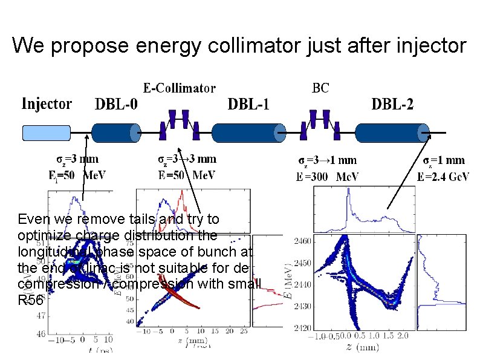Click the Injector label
coord(47,104)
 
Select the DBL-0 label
coord(116,105)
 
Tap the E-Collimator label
coord(179,89)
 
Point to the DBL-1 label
coord(248,105)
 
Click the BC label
coord(320,88)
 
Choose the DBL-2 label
coord(392,105)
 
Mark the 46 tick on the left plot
coord(41,333)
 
